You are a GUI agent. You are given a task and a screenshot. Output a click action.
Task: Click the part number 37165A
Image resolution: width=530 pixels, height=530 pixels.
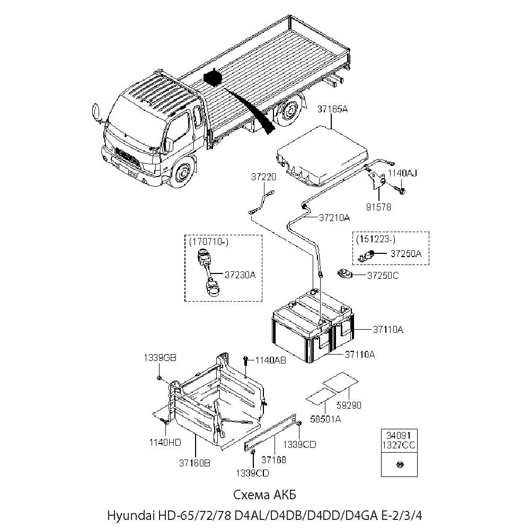pyautogui.click(x=332, y=110)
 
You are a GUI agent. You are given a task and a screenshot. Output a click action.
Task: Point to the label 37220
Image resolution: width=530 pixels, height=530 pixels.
pyautogui.click(x=263, y=178)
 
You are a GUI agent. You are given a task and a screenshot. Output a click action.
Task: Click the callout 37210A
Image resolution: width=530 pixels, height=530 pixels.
pyautogui.click(x=334, y=217)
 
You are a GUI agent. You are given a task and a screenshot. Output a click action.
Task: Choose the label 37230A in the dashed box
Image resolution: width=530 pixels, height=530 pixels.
pyautogui.click(x=240, y=275)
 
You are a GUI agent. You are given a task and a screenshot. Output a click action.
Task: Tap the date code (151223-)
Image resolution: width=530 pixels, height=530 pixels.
pyautogui.click(x=376, y=238)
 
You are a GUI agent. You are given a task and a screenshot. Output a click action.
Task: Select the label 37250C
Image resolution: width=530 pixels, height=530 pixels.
pyautogui.click(x=383, y=275)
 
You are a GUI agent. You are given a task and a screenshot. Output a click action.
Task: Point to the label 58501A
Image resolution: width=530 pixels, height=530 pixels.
pyautogui.click(x=325, y=419)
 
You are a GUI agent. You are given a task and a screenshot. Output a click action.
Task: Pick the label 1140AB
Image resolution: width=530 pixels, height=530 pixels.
pyautogui.click(x=270, y=360)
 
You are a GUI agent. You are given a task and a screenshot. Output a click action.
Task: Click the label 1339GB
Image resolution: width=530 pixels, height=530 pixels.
pyautogui.click(x=160, y=357)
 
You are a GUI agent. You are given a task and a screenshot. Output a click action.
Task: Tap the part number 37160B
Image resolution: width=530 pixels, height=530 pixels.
pyautogui.click(x=195, y=462)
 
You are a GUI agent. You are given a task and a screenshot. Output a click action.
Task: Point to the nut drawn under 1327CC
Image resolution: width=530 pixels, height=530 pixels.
pyautogui.click(x=399, y=465)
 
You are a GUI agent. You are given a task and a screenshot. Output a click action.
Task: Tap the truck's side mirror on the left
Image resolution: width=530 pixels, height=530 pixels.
pyautogui.click(x=96, y=113)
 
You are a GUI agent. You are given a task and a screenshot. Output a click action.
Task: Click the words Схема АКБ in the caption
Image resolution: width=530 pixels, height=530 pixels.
pyautogui.click(x=265, y=494)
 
